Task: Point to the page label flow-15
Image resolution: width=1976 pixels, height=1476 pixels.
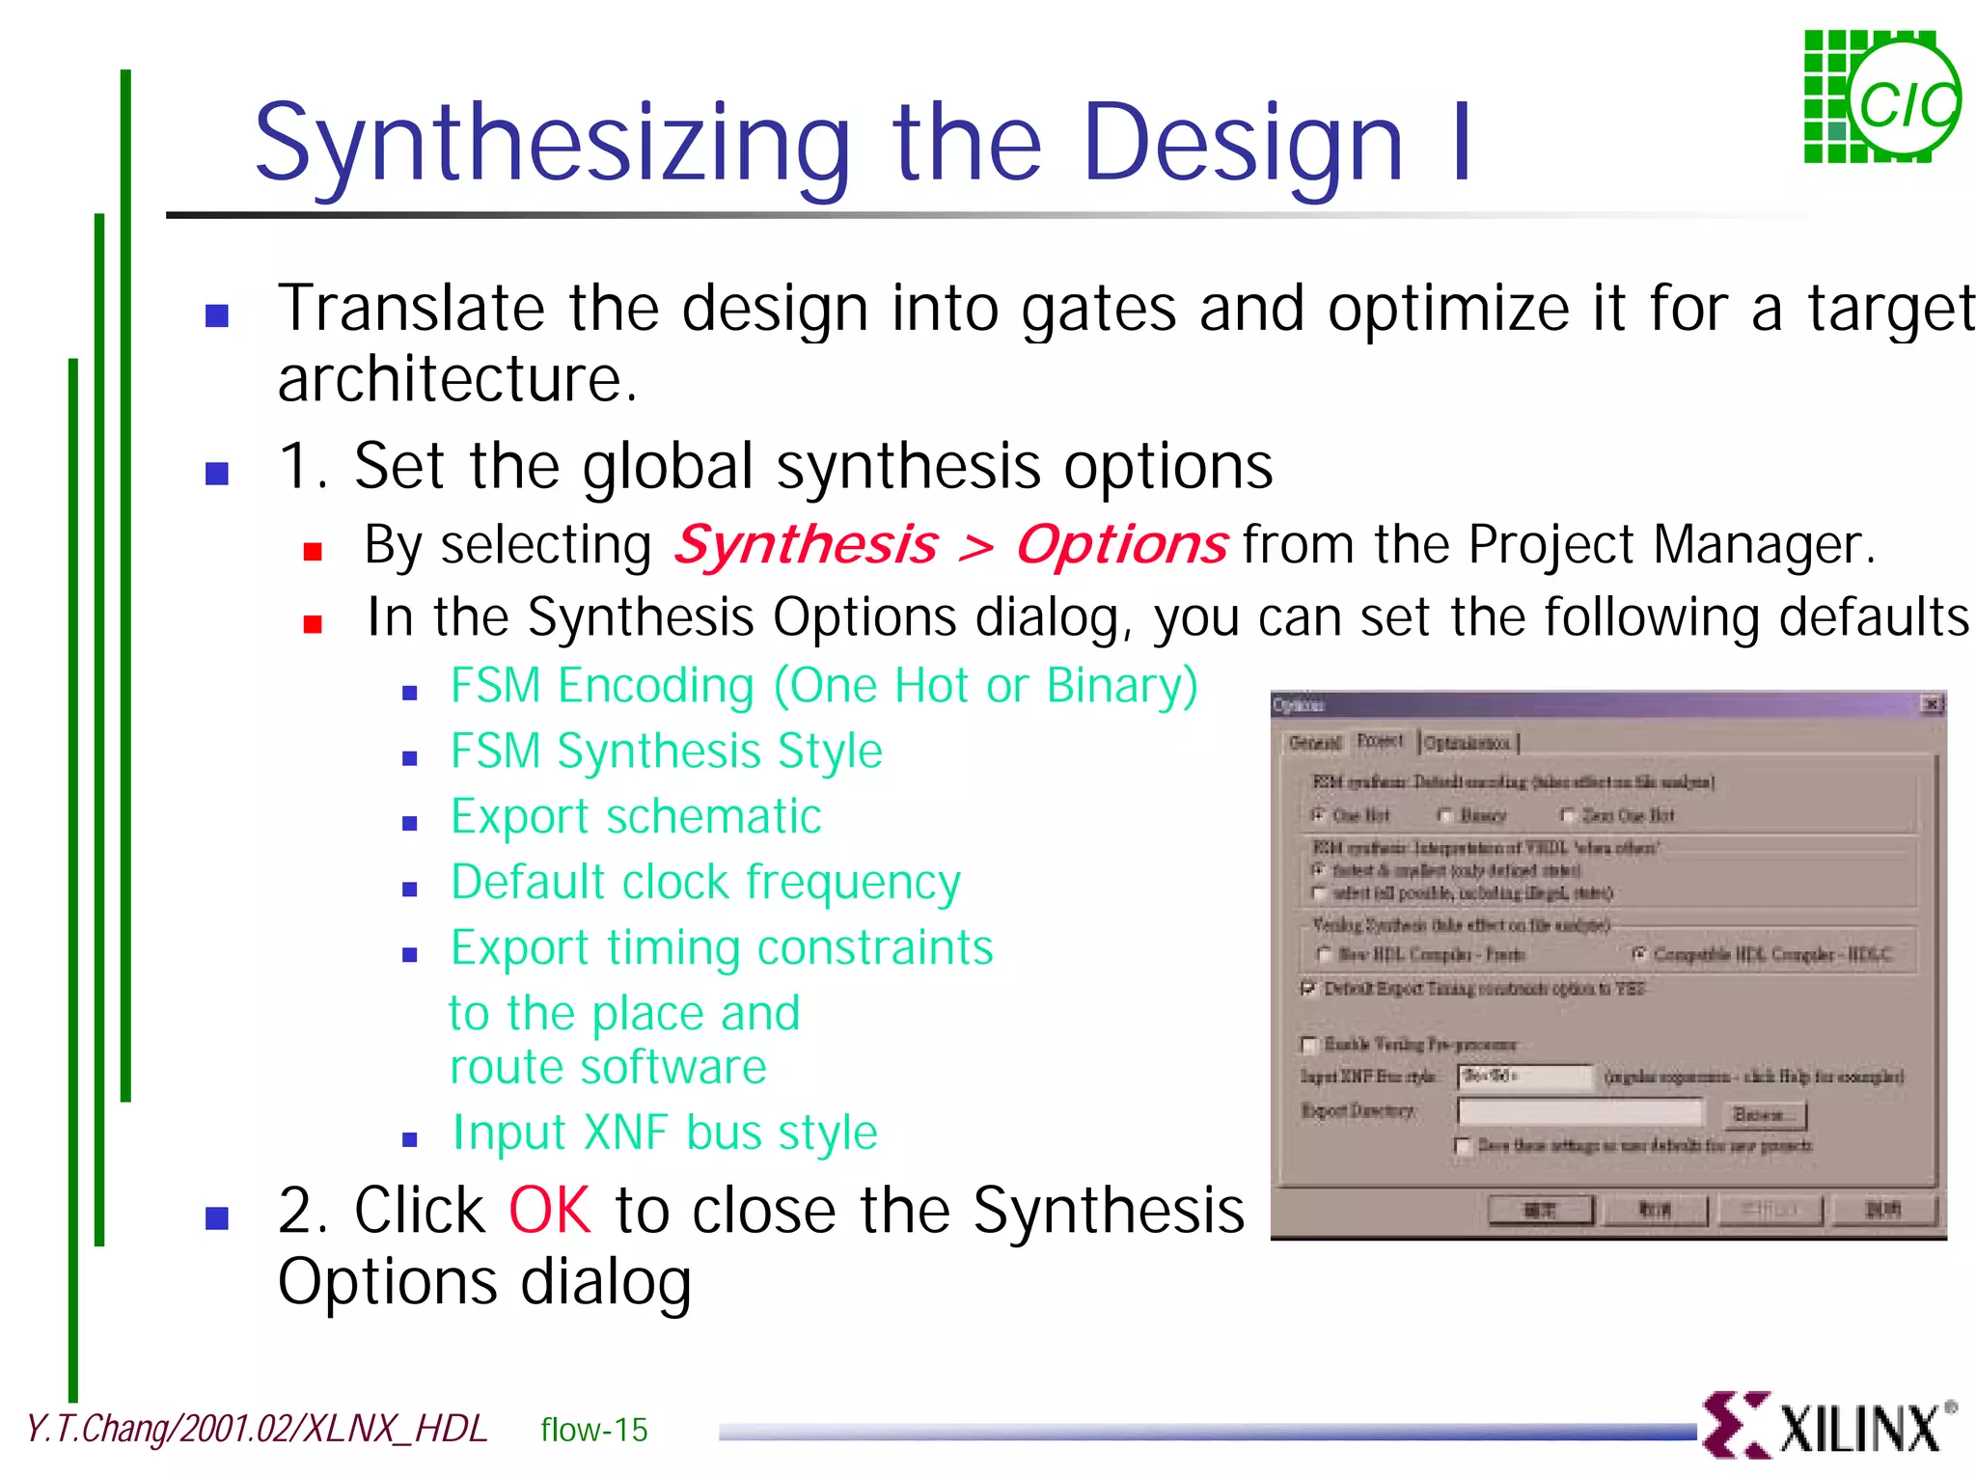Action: pyautogui.click(x=593, y=1429)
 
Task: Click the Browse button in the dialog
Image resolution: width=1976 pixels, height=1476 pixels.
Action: pyautogui.click(x=1763, y=1115)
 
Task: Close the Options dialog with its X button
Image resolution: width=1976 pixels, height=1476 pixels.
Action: pyautogui.click(x=1932, y=704)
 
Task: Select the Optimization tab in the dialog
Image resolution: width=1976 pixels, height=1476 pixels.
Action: pyautogui.click(x=1468, y=743)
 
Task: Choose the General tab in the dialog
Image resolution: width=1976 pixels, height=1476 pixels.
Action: pyautogui.click(x=1315, y=743)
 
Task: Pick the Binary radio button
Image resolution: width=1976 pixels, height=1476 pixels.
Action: pyautogui.click(x=1445, y=815)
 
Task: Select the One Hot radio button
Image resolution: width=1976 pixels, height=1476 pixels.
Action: pyautogui.click(x=1318, y=815)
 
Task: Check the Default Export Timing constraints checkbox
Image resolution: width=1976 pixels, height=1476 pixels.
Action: pyautogui.click(x=1308, y=989)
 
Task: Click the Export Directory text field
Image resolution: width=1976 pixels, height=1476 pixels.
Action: pyautogui.click(x=1580, y=1112)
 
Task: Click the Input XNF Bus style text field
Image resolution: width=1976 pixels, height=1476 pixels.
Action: pyautogui.click(x=1524, y=1076)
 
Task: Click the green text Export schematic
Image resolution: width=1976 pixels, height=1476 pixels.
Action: pyautogui.click(x=636, y=816)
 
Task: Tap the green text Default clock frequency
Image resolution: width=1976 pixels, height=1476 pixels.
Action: pyautogui.click(x=705, y=882)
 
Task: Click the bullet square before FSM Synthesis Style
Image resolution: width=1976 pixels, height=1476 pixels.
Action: pyautogui.click(x=410, y=758)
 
